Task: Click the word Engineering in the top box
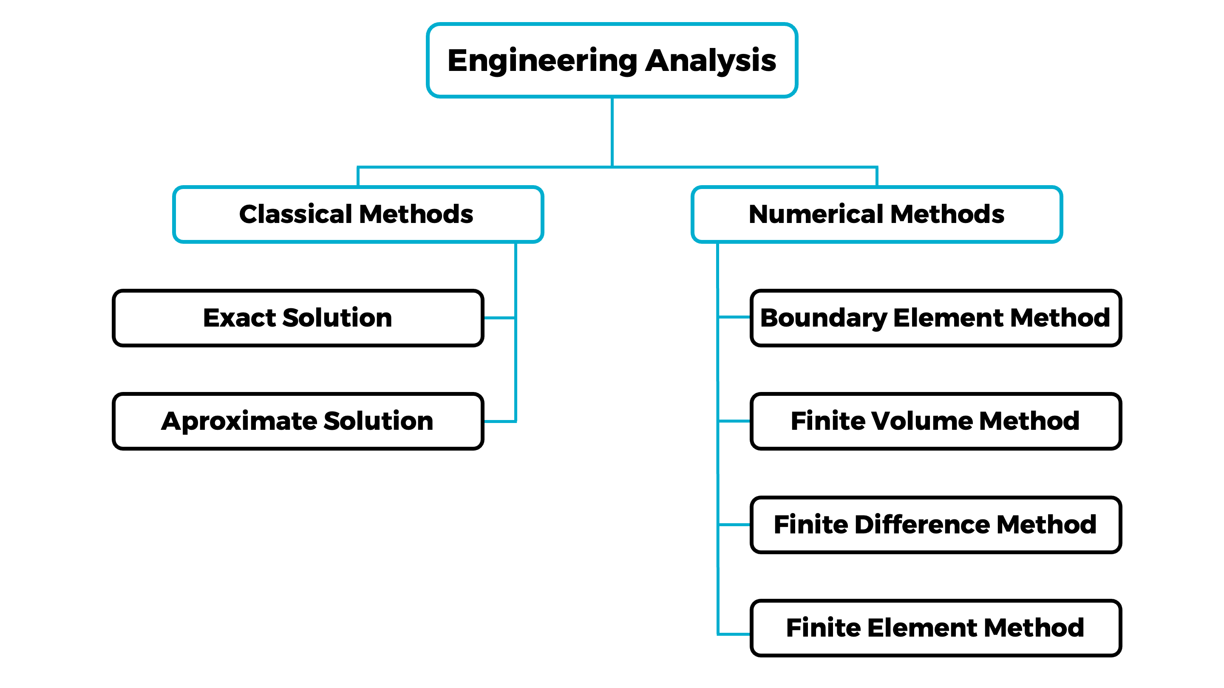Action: tap(542, 61)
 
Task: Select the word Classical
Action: tap(295, 214)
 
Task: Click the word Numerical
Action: tap(816, 214)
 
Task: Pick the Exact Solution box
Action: tap(297, 318)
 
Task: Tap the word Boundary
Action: tap(824, 318)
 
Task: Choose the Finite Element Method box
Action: tap(935, 628)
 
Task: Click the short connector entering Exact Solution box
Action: tap(499, 318)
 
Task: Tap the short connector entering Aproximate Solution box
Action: tap(499, 421)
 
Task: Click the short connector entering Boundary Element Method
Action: tap(734, 317)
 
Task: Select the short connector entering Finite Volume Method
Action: tap(734, 421)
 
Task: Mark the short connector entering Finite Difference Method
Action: tap(734, 524)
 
